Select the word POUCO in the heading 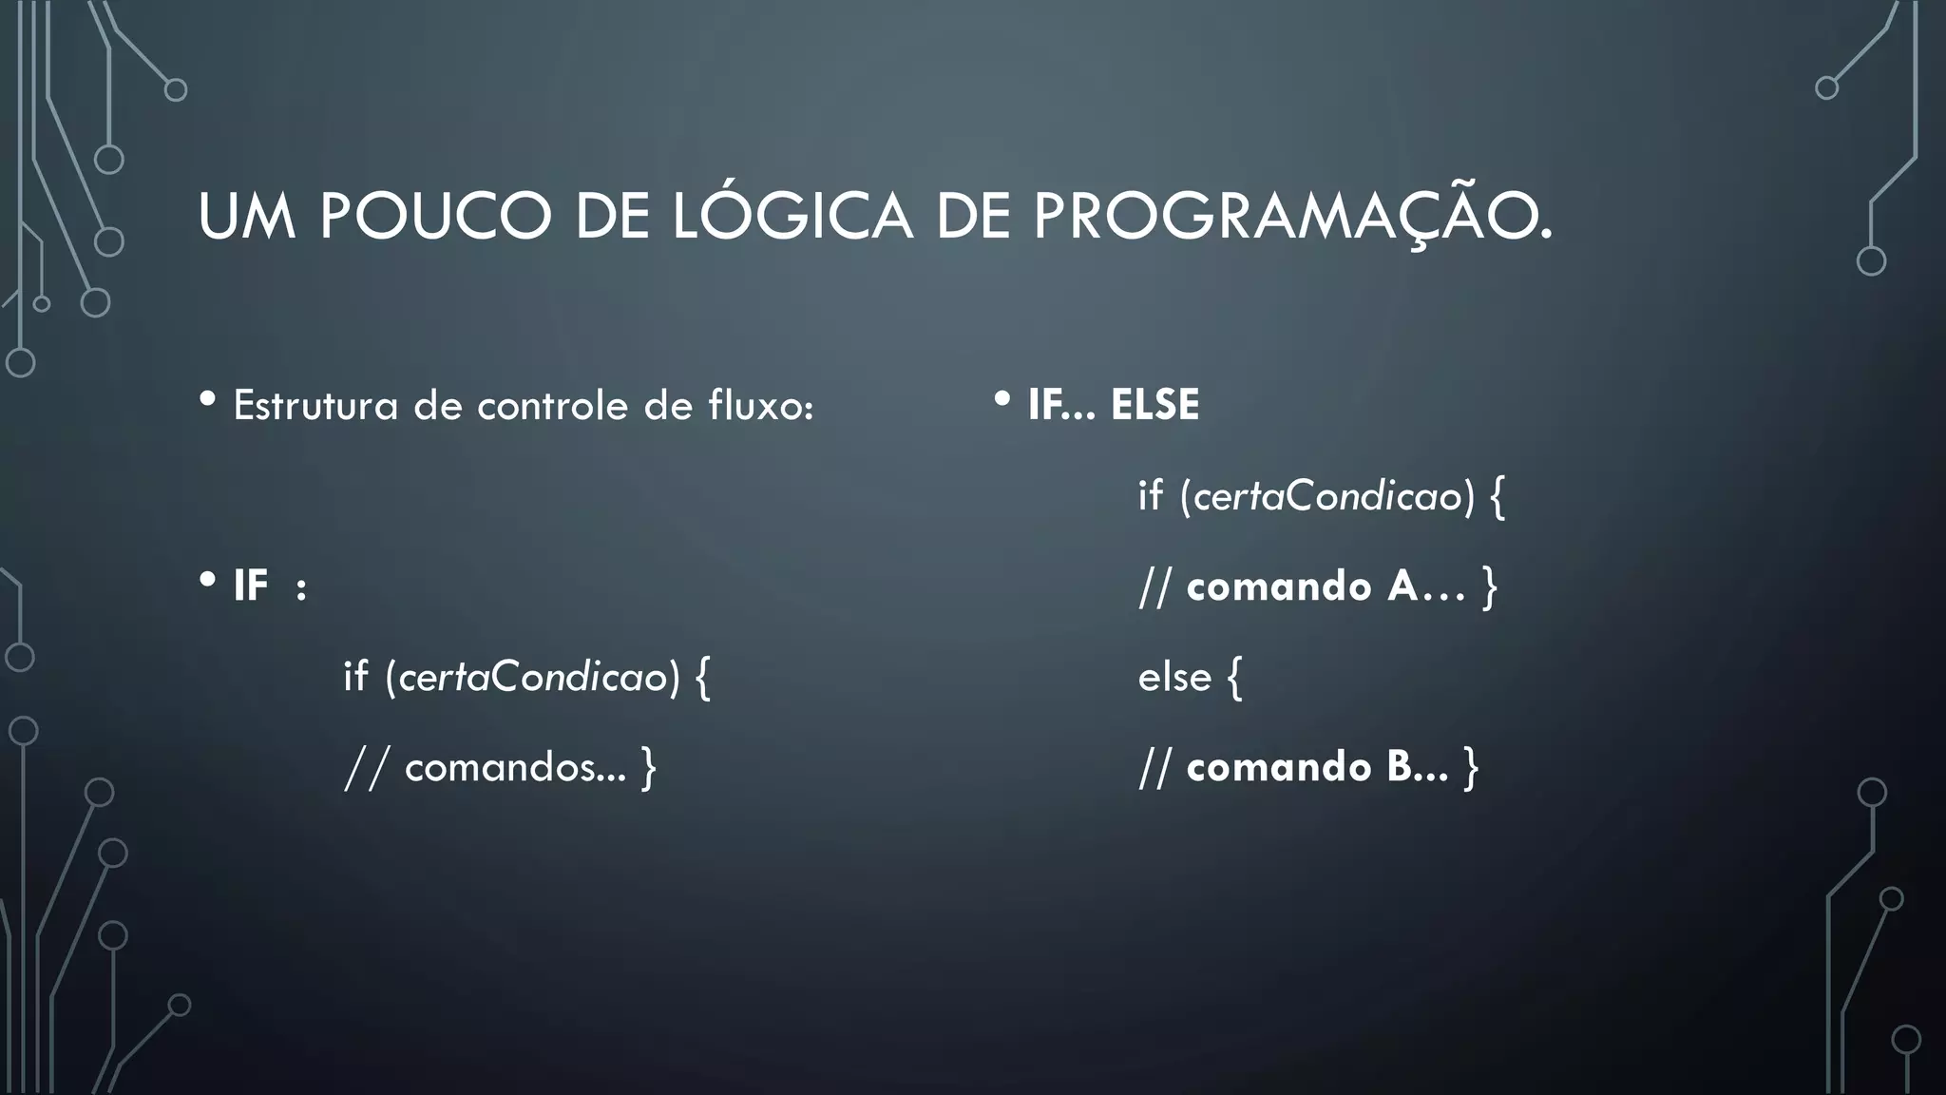point(435,217)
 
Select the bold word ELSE point(1154,406)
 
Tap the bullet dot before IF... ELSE point(1002,400)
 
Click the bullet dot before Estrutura point(207,400)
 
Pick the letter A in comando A point(1402,586)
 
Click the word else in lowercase point(1174,678)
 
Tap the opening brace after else point(1234,678)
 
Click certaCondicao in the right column point(1327,496)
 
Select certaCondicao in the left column point(533,678)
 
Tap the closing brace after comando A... point(1489,586)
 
